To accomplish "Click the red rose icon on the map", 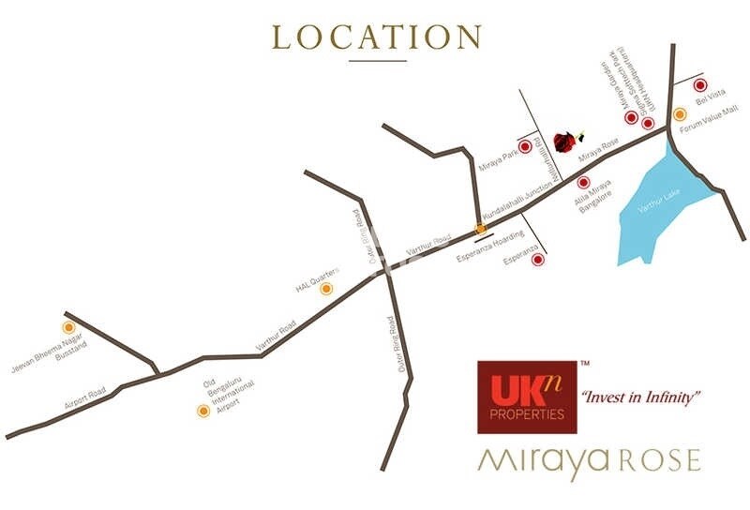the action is point(564,142).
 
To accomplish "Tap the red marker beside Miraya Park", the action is point(525,146).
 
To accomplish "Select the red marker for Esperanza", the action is point(538,260).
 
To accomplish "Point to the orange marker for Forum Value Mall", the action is point(681,114).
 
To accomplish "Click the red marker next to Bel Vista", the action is point(699,85).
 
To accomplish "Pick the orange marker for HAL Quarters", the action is point(326,289).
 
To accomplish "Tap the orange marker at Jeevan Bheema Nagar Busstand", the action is point(67,327).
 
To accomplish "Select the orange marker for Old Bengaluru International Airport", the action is point(202,410).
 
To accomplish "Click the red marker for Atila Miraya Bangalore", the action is point(583,183).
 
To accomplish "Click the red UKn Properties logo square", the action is point(521,397).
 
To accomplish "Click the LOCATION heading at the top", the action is point(376,37).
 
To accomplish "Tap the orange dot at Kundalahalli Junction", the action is point(481,228).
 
